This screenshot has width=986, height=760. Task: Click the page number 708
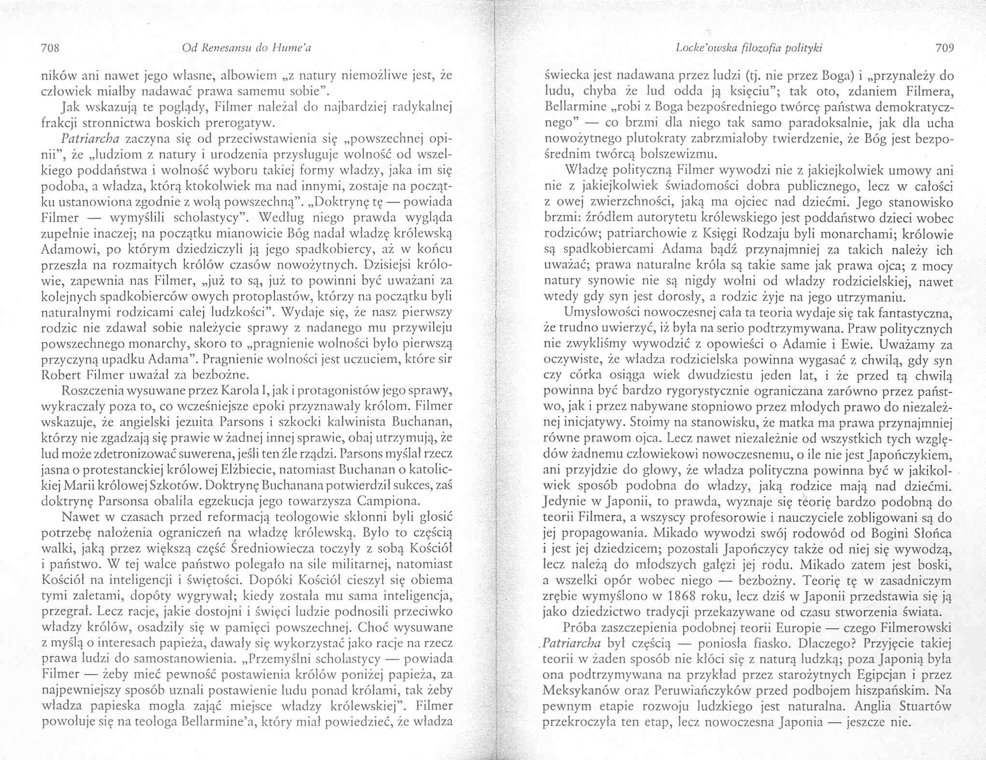(x=50, y=48)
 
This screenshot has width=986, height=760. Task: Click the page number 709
(x=944, y=48)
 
